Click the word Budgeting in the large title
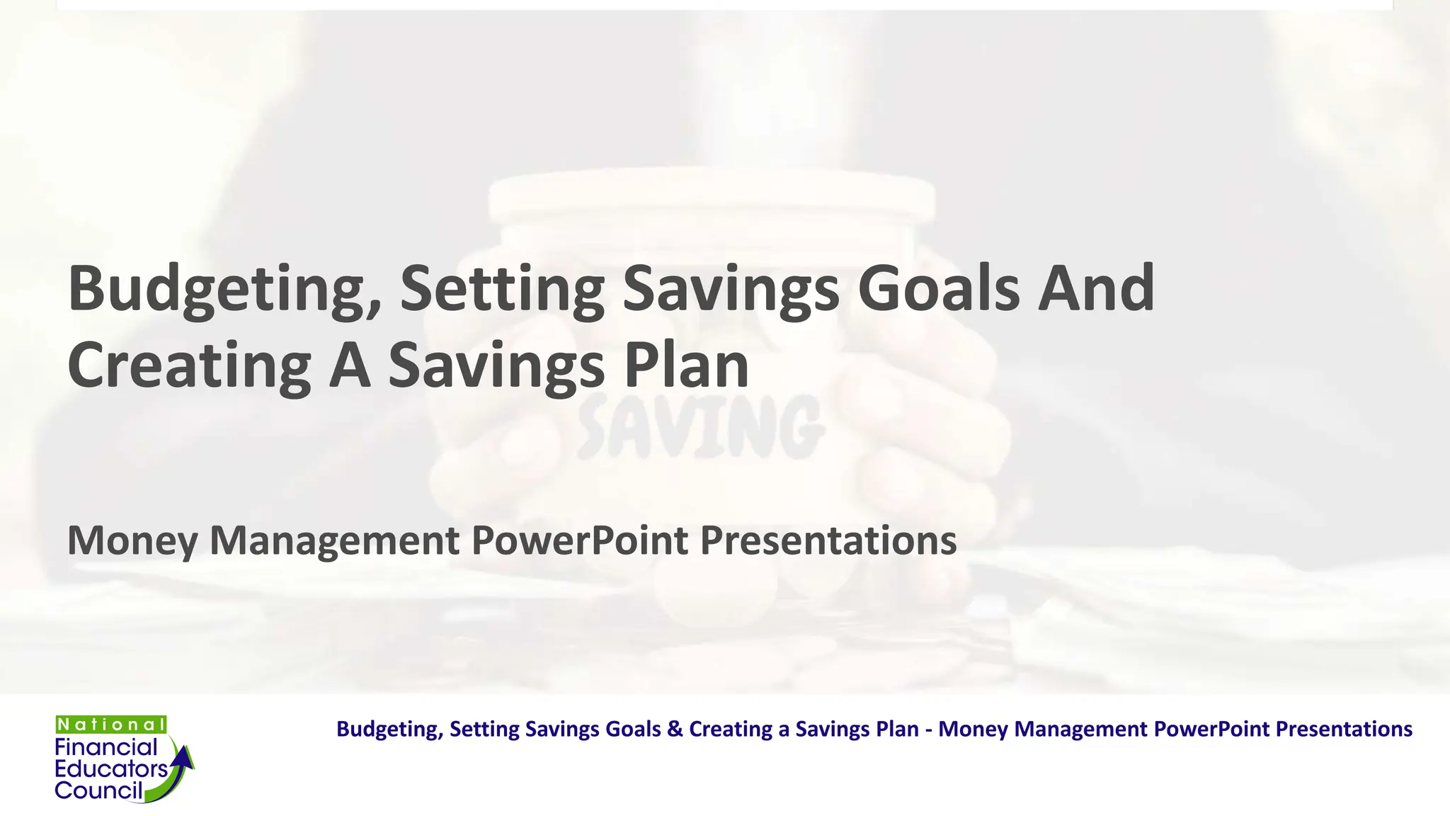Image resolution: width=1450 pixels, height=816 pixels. tap(224, 289)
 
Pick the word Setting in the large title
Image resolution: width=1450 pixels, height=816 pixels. tap(502, 289)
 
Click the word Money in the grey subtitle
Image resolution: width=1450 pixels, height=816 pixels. tap(132, 541)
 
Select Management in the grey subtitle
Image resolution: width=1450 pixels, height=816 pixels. tap(334, 541)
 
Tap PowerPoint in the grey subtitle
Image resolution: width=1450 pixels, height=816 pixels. tap(579, 541)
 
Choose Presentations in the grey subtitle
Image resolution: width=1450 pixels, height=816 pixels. tap(828, 541)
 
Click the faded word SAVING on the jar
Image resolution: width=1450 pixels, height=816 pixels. tap(701, 427)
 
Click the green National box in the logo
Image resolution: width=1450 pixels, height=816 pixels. tap(111, 725)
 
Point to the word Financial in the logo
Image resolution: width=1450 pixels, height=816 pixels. tap(106, 747)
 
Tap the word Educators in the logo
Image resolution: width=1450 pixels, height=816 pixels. tap(111, 769)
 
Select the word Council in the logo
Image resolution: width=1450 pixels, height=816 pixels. tap(98, 790)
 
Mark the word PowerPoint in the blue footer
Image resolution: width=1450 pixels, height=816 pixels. tap(1211, 729)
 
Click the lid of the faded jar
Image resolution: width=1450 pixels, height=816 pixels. tap(712, 195)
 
